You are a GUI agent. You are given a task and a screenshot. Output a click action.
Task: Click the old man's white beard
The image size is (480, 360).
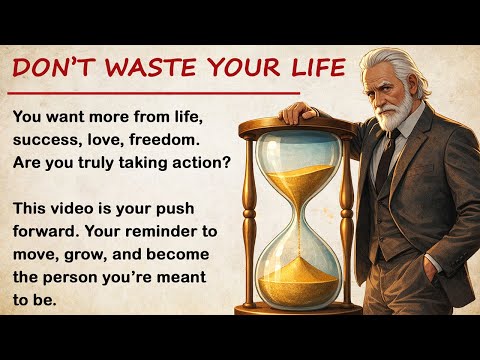tap(401, 108)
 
